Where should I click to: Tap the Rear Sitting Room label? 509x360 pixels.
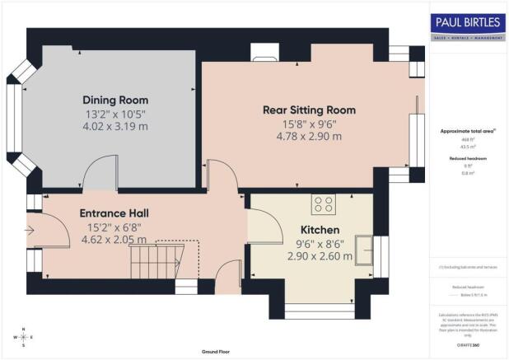(309, 110)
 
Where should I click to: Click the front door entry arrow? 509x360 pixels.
(31, 231)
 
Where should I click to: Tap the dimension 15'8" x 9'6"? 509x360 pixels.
(309, 124)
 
